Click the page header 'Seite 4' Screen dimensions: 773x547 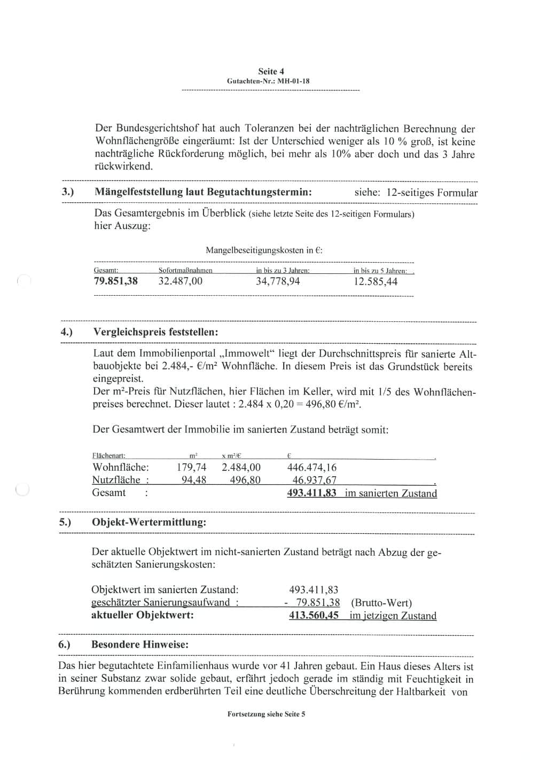pyautogui.click(x=271, y=71)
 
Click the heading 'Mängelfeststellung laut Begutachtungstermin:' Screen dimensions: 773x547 pyautogui.click(x=203, y=192)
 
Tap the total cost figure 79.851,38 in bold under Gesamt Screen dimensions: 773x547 pyautogui.click(x=116, y=281)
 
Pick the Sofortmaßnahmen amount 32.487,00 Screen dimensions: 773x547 pyautogui.click(x=181, y=281)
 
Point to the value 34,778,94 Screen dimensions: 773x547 pyautogui.click(x=278, y=281)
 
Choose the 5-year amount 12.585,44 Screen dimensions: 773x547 pyautogui.click(x=376, y=281)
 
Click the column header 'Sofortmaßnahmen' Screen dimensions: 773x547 pyautogui.click(x=185, y=270)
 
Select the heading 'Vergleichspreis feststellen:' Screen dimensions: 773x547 pyautogui.click(x=155, y=332)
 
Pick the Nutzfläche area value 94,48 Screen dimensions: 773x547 pyautogui.click(x=194, y=480)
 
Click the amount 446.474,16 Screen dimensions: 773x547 pyautogui.click(x=312, y=468)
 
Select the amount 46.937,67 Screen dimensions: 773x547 pyautogui.click(x=314, y=480)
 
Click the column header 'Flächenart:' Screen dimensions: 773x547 pyautogui.click(x=109, y=456)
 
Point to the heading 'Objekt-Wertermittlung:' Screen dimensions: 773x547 pyautogui.click(x=149, y=522)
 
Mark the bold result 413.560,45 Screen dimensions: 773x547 pyautogui.click(x=314, y=616)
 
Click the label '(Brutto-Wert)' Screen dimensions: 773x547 pyautogui.click(x=381, y=603)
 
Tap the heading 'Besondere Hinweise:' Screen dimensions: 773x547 pyautogui.click(x=140, y=644)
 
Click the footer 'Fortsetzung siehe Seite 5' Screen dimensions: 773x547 pyautogui.click(x=266, y=714)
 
